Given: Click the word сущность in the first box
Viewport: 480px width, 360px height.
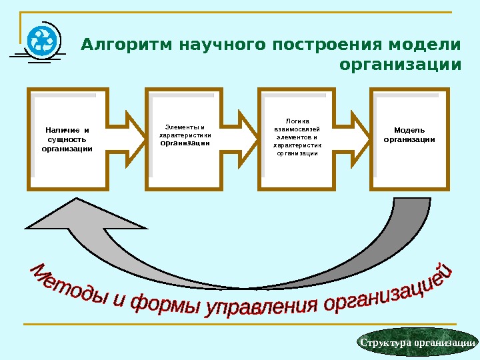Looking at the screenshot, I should tap(67, 139).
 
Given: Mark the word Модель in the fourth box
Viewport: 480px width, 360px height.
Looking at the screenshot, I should tap(409, 130).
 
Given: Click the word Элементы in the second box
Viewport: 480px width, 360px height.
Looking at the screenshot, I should tap(181, 127).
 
